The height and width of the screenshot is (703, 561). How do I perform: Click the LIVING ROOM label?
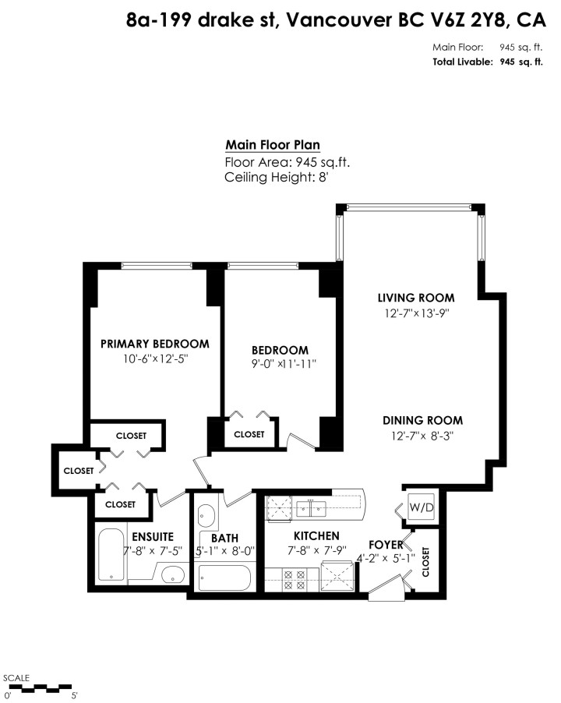point(416,298)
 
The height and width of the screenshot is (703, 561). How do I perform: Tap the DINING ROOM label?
point(422,420)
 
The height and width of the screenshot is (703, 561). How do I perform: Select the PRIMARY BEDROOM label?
point(155,344)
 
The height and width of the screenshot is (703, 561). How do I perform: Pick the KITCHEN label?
point(316,536)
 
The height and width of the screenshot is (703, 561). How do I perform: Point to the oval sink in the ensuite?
point(173,577)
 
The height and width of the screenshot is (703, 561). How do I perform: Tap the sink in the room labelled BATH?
point(206,515)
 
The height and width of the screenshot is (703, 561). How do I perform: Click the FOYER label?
point(386,545)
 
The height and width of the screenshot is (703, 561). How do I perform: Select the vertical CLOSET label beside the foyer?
point(425,561)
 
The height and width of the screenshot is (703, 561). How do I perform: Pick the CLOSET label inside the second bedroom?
point(249,435)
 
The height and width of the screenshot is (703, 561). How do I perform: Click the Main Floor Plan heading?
point(272,145)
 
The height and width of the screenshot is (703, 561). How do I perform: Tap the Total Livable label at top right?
point(461,62)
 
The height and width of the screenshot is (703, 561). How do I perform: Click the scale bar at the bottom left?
point(40,687)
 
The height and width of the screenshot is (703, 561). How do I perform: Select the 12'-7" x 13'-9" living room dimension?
point(416,313)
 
